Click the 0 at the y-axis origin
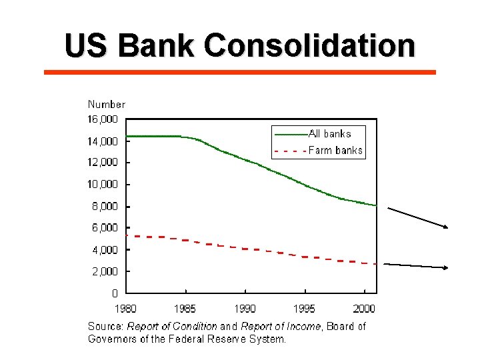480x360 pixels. coord(115,293)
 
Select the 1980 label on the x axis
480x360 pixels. coord(127,309)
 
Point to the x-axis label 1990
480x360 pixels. coord(245,309)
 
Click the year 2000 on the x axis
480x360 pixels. coord(364,309)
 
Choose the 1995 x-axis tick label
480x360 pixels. coord(305,309)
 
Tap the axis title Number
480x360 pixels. coord(107,104)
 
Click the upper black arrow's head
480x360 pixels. coord(447,227)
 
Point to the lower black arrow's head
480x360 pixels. coord(447,267)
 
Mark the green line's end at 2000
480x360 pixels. coord(376,205)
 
